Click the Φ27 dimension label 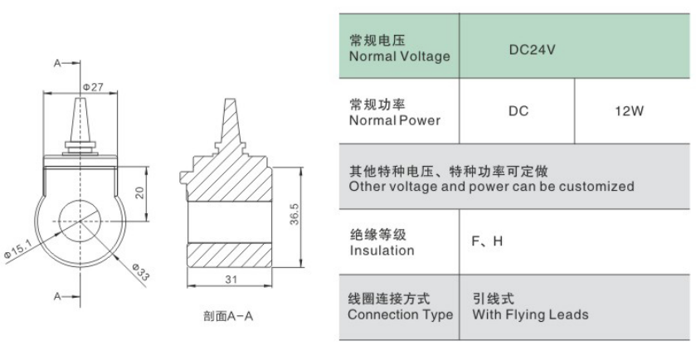93,86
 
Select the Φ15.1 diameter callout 17,250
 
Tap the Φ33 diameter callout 141,271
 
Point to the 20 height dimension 140,192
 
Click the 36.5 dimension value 294,214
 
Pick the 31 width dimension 231,279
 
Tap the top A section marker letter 57,63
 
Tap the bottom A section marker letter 57,296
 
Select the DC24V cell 532,50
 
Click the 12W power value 629,111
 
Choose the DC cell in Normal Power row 518,111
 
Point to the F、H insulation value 487,241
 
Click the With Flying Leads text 530,314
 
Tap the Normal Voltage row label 400,56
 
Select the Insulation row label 382,251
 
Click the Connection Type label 401,314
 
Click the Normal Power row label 395,120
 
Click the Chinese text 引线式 493,299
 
